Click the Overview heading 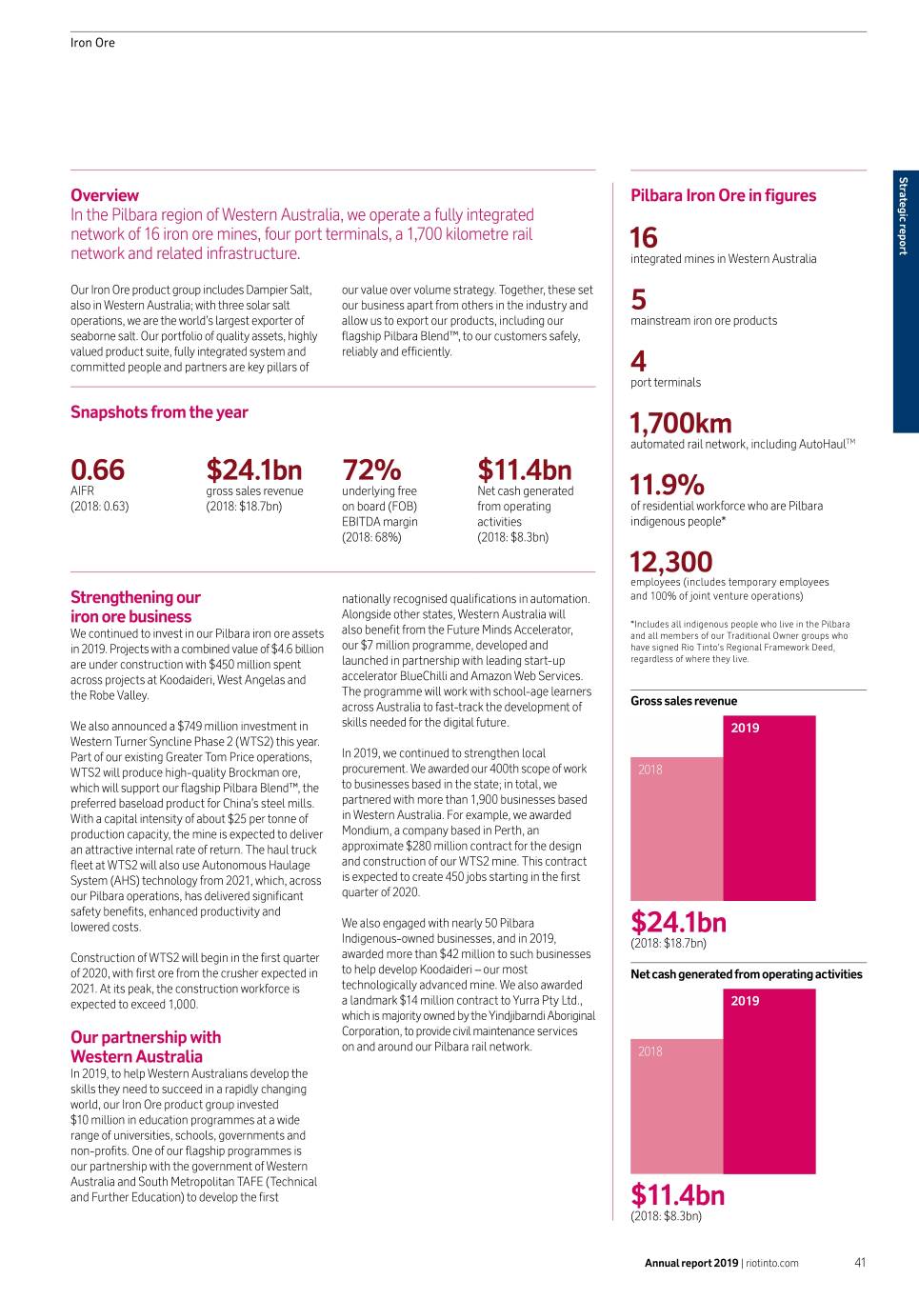tap(105, 195)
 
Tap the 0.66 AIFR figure tap(97, 470)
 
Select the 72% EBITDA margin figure tap(371, 470)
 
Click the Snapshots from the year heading tap(159, 412)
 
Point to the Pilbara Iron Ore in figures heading tap(723, 195)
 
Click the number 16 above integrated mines tap(644, 237)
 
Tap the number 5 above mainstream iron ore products tap(638, 300)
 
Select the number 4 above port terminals tap(638, 362)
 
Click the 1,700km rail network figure tap(681, 423)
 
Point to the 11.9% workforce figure tap(668, 485)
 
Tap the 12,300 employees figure tap(671, 562)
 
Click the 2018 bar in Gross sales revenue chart tap(676, 829)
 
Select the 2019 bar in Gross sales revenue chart tap(769, 810)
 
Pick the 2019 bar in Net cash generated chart tap(769, 1086)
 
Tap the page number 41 tap(859, 1263)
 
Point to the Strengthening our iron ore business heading tap(135, 607)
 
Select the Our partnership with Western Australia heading tap(146, 1047)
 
